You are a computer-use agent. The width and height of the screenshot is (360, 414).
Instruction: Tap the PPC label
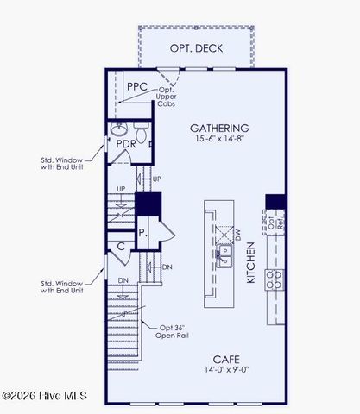136,87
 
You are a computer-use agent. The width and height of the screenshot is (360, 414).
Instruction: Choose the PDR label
127,144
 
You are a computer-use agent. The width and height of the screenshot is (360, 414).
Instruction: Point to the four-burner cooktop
275,279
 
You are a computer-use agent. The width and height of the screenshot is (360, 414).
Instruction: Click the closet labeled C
122,248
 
